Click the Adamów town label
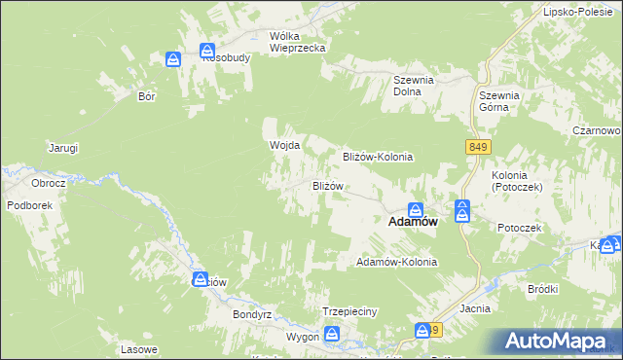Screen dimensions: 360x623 click(412, 222)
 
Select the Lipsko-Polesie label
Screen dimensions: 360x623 click(581, 13)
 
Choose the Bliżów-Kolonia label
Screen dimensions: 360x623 click(378, 157)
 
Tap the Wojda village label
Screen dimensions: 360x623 click(283, 146)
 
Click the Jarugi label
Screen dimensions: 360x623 click(63, 148)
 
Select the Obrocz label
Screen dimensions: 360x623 click(48, 183)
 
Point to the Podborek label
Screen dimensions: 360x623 click(29, 205)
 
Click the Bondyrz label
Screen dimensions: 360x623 click(250, 315)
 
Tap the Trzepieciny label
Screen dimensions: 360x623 click(348, 311)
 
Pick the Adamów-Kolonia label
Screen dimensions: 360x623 click(397, 263)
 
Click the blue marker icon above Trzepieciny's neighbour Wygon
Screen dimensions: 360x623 click(332, 335)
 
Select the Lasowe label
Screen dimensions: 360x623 click(138, 349)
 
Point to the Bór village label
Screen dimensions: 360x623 click(147, 97)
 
